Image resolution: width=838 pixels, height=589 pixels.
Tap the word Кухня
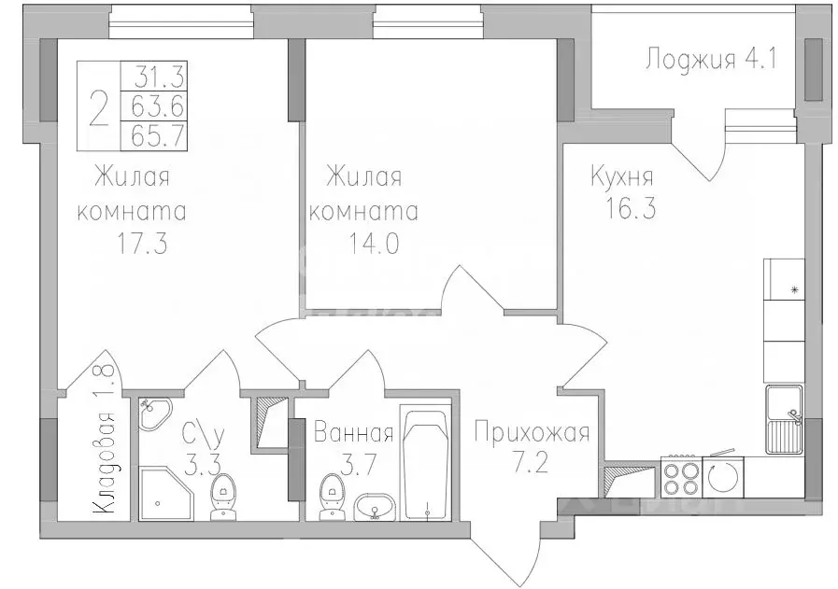pos(621,176)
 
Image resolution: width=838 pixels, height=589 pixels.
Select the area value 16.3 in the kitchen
pos(622,208)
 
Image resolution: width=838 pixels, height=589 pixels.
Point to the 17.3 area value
pos(136,245)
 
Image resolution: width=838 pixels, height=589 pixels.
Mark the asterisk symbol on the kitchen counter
pos(795,290)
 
